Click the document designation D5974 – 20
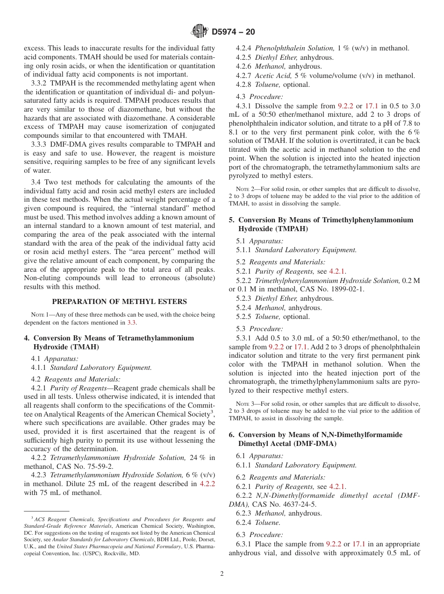233,32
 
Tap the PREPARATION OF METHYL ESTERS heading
119,302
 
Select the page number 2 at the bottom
222,574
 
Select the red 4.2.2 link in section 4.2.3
207,484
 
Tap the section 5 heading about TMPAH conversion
321,224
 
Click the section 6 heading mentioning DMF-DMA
316,439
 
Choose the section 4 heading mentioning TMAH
109,342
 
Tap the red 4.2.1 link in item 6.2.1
337,487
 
